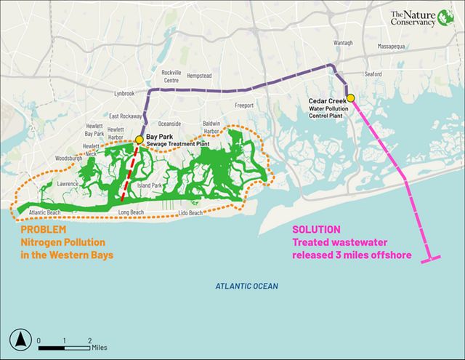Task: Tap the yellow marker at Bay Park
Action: [139, 140]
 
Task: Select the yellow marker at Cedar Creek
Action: [350, 98]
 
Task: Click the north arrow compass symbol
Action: [21, 339]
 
